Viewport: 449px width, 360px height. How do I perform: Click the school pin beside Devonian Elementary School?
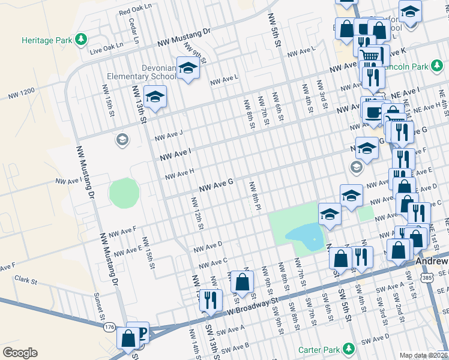[x=188, y=70]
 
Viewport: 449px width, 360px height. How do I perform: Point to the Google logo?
[x=19, y=353]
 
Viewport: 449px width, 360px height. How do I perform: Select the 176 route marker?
[x=109, y=327]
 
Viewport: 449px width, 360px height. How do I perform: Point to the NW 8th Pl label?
[x=255, y=196]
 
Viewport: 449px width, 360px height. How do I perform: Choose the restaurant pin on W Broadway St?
[x=210, y=300]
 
